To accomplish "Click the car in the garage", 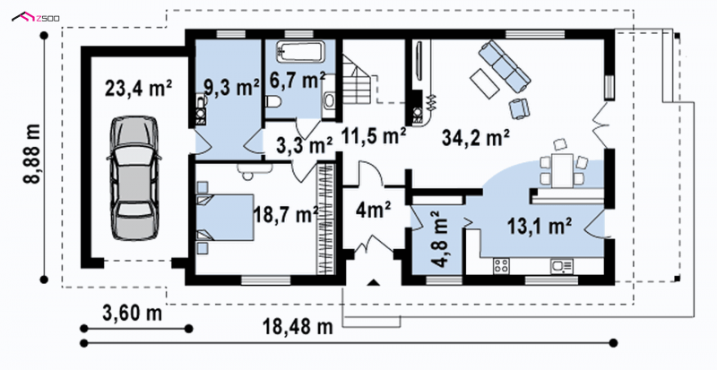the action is point(134,178).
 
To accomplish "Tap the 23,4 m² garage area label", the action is point(138,89).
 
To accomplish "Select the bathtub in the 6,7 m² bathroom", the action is point(301,51).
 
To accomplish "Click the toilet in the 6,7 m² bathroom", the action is point(272,101).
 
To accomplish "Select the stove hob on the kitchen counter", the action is point(501,266).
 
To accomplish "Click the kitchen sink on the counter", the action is point(562,266).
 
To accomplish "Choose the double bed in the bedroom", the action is point(225,217).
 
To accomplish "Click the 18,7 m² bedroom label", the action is point(286,214).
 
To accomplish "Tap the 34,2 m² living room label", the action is point(476,137).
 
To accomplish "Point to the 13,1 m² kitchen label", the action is point(540,226).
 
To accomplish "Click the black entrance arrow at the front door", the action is point(374,282).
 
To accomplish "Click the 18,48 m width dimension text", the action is point(298,327).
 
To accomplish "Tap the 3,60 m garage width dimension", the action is point(132,314).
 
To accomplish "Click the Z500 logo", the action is point(35,18).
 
